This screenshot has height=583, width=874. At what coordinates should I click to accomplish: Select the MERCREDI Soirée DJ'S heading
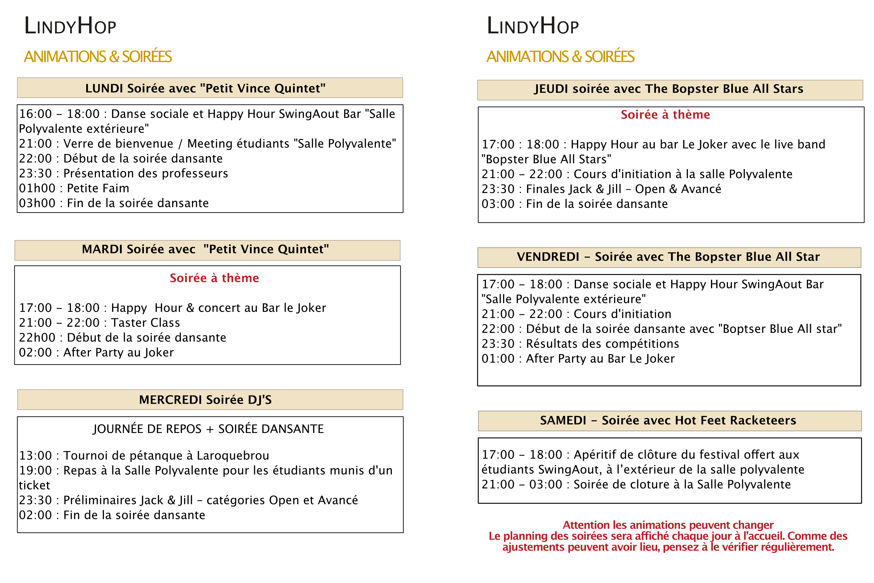click(205, 400)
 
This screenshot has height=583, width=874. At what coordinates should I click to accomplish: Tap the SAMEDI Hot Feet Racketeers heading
click(668, 421)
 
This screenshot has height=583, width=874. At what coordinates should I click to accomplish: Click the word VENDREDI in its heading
click(548, 257)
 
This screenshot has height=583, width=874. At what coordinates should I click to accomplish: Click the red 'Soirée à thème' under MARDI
click(214, 278)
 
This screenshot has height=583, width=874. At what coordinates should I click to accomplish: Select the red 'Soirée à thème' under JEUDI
click(665, 114)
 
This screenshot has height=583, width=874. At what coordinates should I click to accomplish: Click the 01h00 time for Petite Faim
click(37, 188)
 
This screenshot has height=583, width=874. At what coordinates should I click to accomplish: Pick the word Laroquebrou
click(233, 455)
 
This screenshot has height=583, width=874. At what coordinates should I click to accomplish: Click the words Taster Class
click(146, 323)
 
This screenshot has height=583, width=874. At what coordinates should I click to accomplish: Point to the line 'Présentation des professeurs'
click(146, 174)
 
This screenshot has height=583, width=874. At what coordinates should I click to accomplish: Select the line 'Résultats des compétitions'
click(602, 344)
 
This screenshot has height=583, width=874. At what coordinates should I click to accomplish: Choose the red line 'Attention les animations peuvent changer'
click(668, 525)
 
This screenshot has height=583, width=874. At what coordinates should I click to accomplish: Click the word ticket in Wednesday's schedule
click(34, 485)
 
